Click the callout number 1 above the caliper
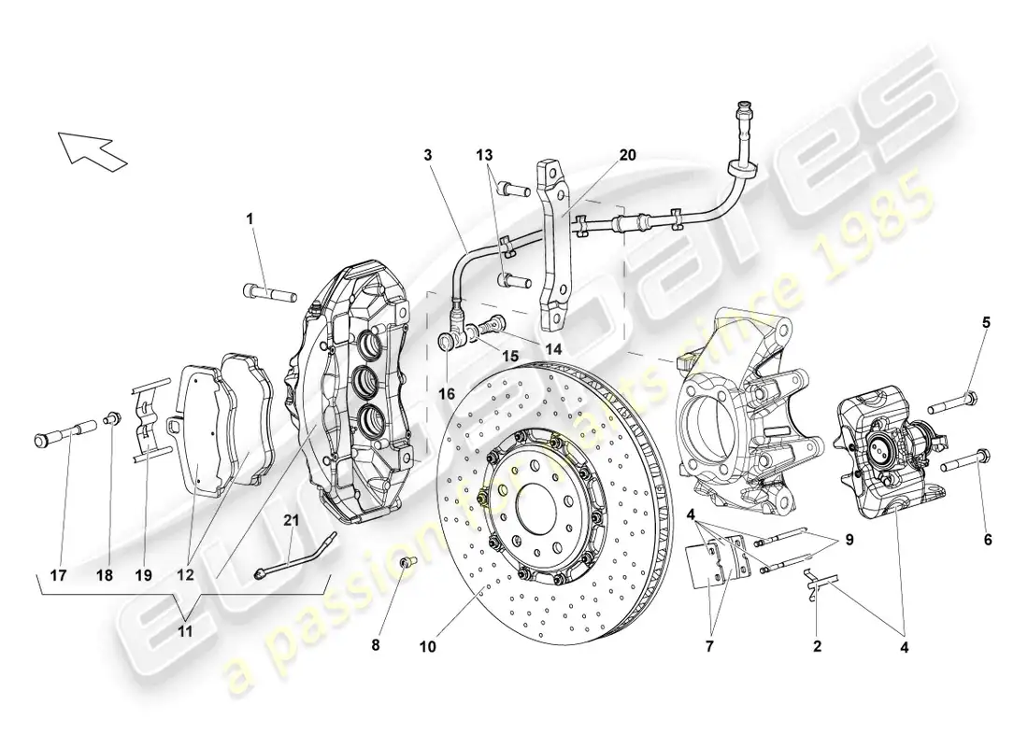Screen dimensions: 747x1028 pyautogui.click(x=250, y=218)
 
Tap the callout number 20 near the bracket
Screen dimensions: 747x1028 pyautogui.click(x=627, y=155)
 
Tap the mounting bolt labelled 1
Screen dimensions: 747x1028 pyautogui.click(x=268, y=291)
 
